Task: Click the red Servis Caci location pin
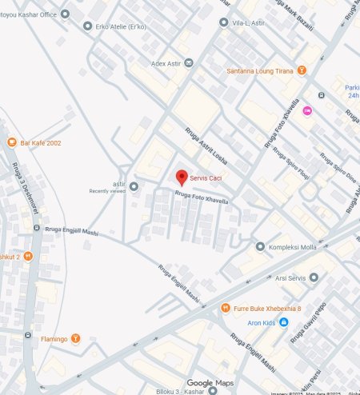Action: coord(182,177)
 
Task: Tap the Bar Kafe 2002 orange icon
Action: coord(11,143)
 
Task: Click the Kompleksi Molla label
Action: coord(294,247)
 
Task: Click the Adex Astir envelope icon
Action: coord(189,63)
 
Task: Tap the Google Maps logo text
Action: coord(212,383)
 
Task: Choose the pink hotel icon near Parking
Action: coord(307,110)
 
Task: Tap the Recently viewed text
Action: coord(107,191)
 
